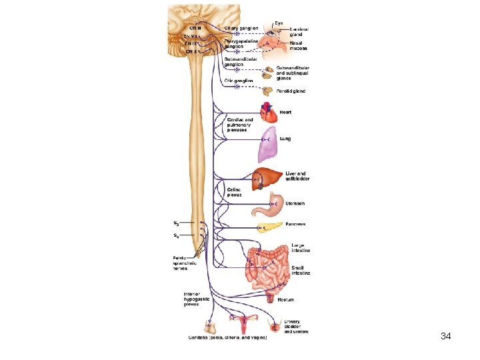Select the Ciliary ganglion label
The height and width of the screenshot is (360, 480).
tap(241, 28)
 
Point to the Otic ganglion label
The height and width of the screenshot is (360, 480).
tap(239, 81)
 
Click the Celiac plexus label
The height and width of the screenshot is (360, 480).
tap(234, 192)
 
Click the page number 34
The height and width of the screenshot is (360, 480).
tap(446, 336)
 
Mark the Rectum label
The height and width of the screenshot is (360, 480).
tap(286, 300)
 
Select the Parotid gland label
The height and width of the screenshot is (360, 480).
tap(293, 91)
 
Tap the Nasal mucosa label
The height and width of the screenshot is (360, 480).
tap(297, 46)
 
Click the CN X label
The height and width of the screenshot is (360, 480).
tap(191, 51)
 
